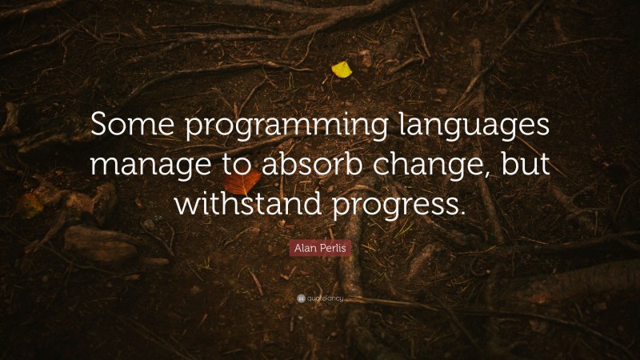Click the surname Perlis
pos(335,249)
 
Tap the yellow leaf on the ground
pos(342,70)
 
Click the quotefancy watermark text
pos(324,299)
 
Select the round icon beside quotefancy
pos(300,299)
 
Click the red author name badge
pos(320,249)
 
